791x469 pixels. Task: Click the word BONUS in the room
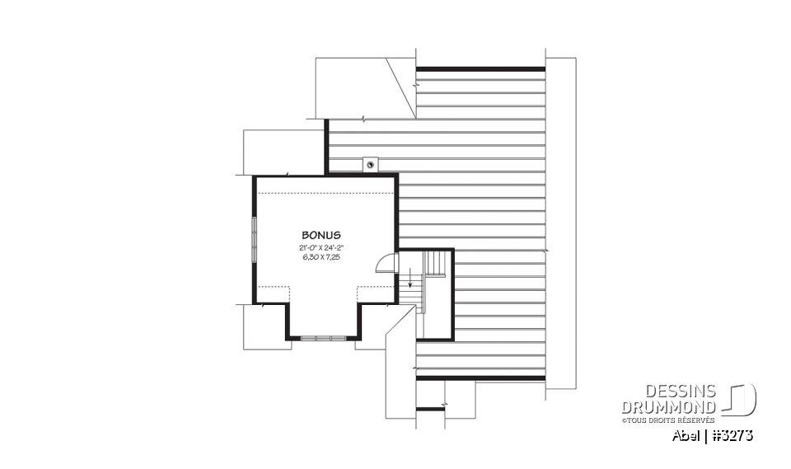(x=321, y=235)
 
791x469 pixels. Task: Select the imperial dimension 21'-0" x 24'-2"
(x=321, y=247)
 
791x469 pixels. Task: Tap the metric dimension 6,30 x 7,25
(x=321, y=257)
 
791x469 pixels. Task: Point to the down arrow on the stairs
(x=410, y=283)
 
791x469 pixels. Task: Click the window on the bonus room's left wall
(x=255, y=239)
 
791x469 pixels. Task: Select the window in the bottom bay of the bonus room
(x=322, y=337)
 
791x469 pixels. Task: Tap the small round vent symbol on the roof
(x=371, y=164)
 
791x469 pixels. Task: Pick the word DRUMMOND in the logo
(x=667, y=407)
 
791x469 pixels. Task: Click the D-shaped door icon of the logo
(x=742, y=400)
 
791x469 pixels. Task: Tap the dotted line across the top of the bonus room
(x=325, y=192)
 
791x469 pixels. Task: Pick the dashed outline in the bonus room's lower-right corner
(x=376, y=294)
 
